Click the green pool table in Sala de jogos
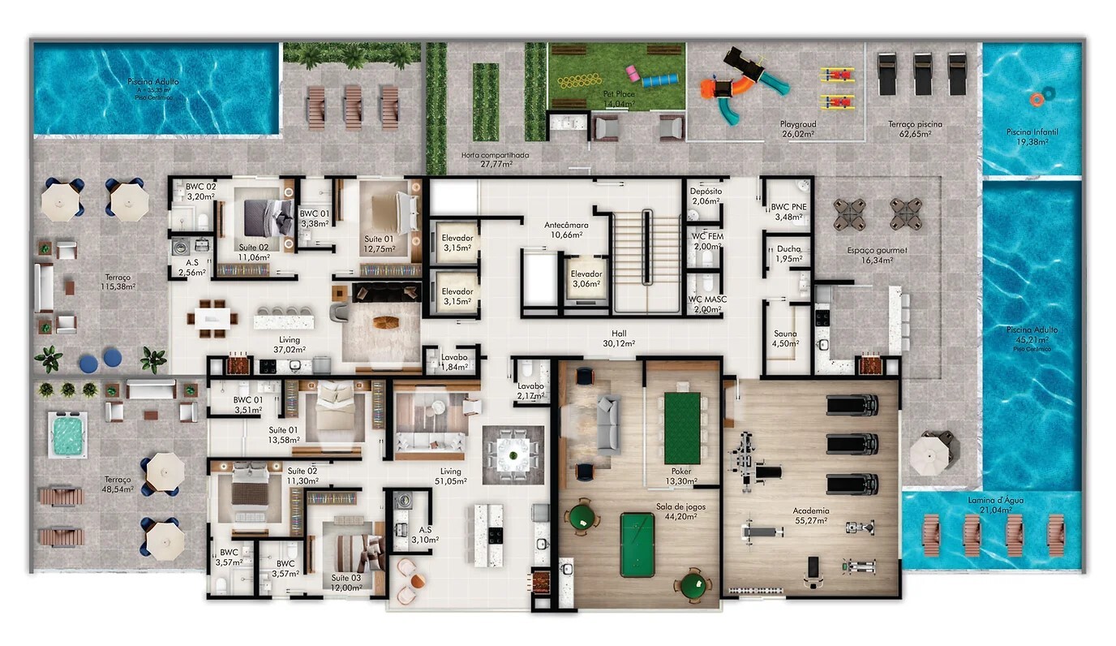click(x=637, y=544)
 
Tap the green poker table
click(x=682, y=428)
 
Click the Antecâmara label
click(x=565, y=229)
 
